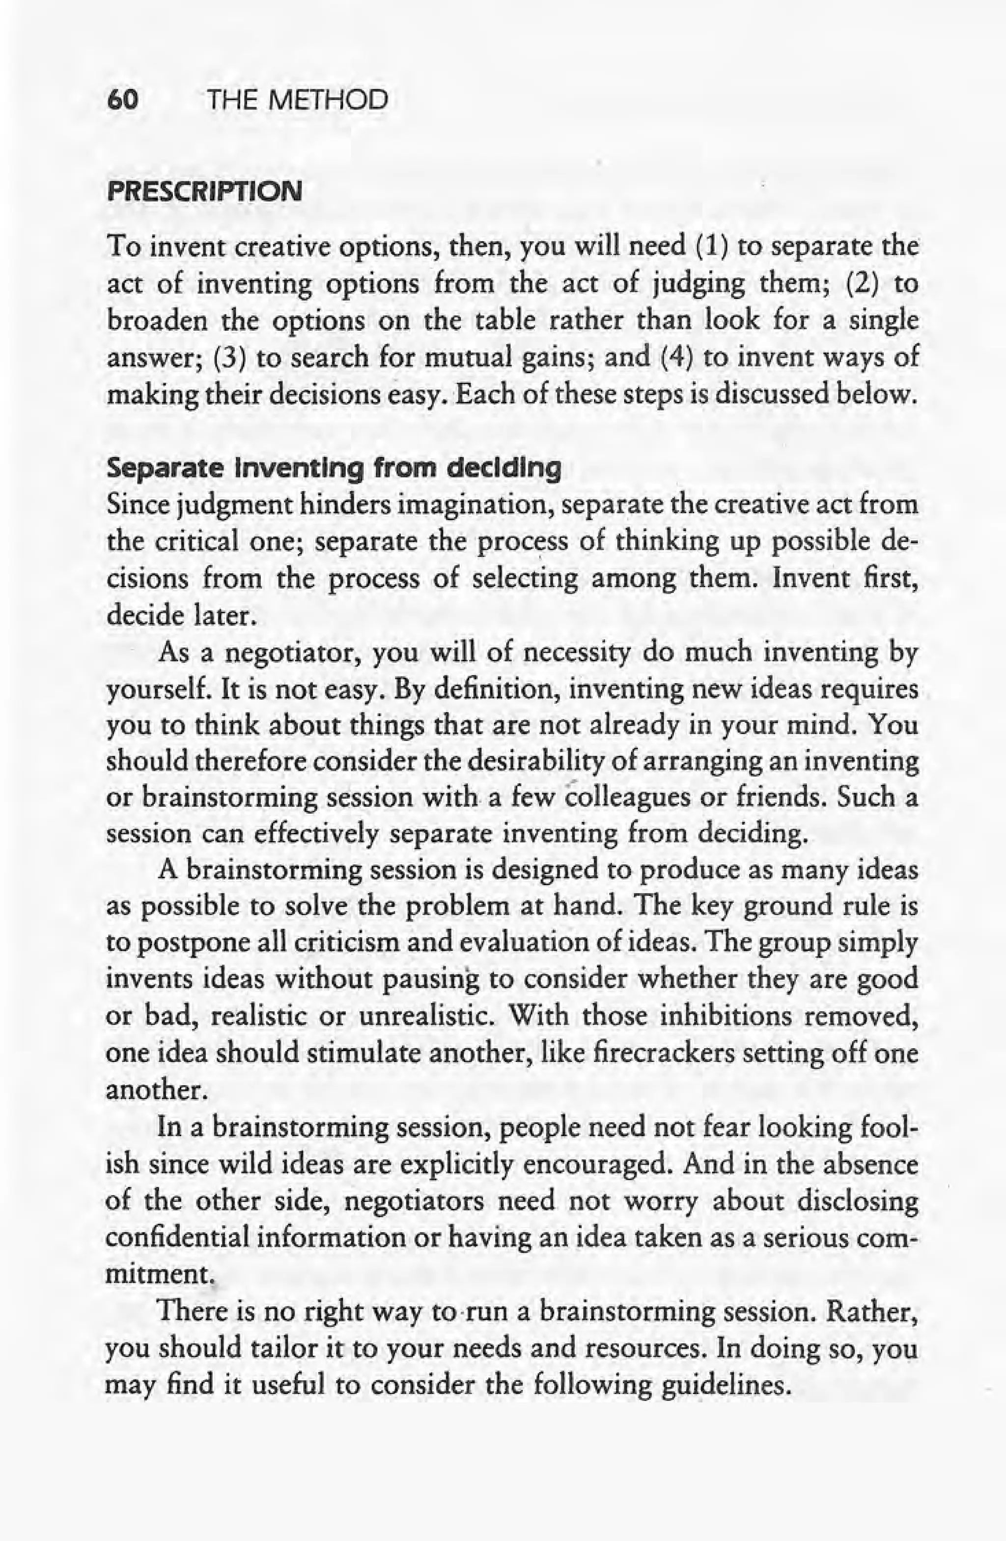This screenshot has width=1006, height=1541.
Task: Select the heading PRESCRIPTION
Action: (204, 192)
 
